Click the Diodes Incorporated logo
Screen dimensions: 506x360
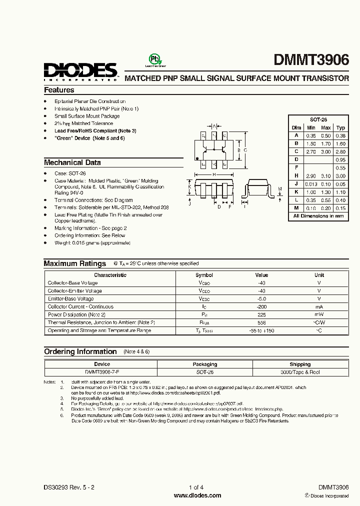pos(79,71)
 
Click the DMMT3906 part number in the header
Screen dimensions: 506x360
pos(311,61)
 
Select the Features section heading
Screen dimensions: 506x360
pos(59,90)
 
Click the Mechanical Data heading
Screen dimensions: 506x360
pos(72,162)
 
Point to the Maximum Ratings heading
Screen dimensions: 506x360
pos(74,263)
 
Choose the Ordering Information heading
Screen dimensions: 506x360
pos(80,351)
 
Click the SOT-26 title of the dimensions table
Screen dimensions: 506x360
pos(318,120)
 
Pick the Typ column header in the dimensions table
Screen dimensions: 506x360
pos(340,128)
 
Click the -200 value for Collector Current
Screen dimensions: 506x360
pos(261,306)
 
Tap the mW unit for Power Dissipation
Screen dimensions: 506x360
pos(319,314)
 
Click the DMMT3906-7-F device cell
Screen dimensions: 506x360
pos(102,372)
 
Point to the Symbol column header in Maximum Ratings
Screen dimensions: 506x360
pos(204,275)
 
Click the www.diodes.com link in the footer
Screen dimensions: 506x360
pos(197,495)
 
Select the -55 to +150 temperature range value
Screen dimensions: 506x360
pos(261,330)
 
